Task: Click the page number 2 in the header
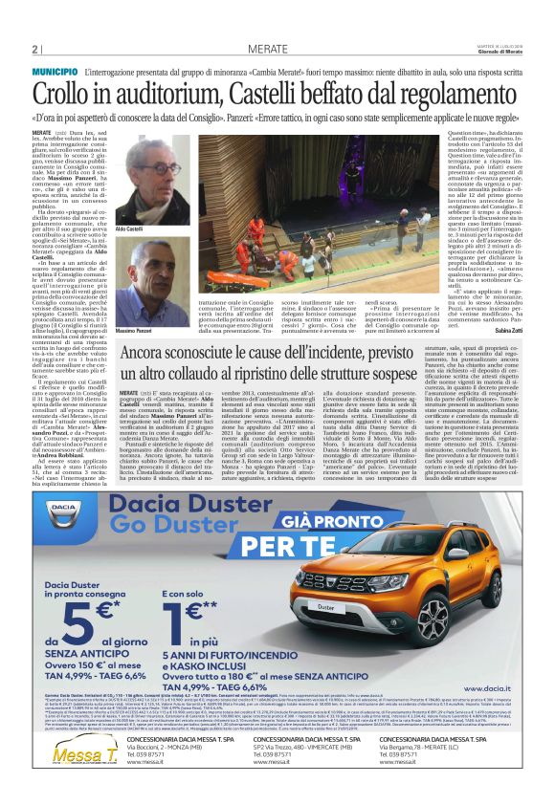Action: coord(34,50)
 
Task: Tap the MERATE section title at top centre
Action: coord(269,50)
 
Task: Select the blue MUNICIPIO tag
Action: coord(54,73)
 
